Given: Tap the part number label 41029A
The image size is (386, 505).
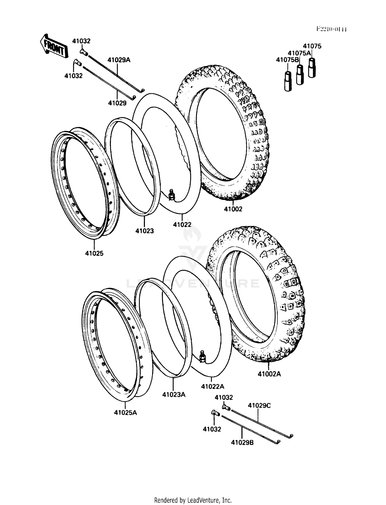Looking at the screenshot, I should click(119, 60).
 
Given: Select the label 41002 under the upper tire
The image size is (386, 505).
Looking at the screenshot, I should click(233, 209).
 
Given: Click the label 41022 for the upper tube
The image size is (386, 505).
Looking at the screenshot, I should click(182, 225).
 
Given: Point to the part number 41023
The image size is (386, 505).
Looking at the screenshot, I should click(145, 231).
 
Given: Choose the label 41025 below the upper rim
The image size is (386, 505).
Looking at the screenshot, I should click(94, 253).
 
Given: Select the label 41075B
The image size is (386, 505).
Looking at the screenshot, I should click(287, 60).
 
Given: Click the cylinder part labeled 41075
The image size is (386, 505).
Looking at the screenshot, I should click(312, 68).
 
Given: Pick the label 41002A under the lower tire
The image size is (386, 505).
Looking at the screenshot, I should click(269, 374).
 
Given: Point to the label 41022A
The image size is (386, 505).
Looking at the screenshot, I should click(213, 386).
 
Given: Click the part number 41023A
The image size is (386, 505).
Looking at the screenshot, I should click(174, 394).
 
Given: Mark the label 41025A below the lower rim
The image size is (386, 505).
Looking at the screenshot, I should click(126, 413).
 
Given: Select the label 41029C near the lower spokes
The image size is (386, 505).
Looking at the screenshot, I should click(259, 405).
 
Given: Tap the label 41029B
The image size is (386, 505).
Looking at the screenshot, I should click(242, 442).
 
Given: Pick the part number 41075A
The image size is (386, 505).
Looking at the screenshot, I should click(299, 53).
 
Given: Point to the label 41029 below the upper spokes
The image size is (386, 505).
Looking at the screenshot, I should click(117, 103).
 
